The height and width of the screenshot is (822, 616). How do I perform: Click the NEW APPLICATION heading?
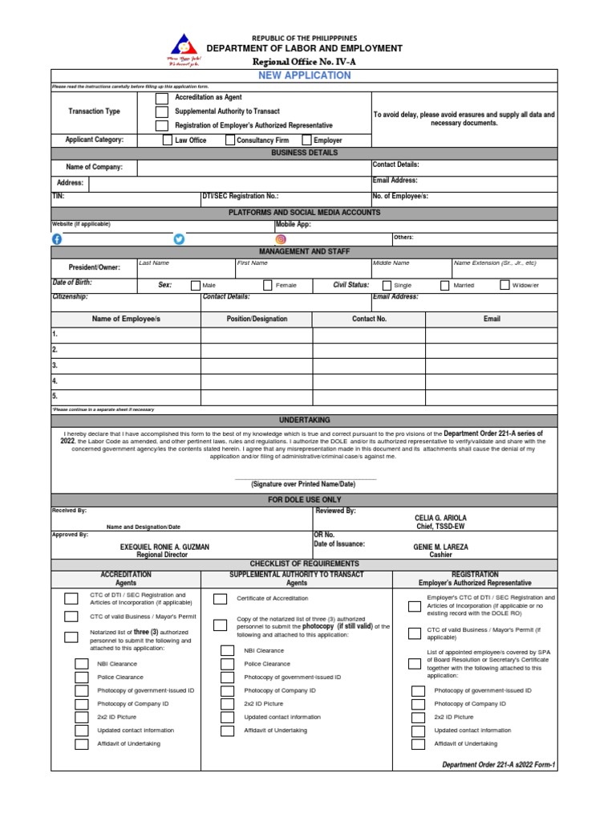tap(304, 75)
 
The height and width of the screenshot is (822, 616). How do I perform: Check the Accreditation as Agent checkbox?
tap(162, 98)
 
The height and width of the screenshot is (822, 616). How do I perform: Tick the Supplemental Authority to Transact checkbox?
tap(162, 112)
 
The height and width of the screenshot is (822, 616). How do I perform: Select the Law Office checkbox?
tap(167, 140)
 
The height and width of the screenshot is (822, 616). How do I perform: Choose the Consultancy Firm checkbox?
tap(228, 140)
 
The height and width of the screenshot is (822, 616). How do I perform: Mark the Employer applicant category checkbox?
tap(307, 140)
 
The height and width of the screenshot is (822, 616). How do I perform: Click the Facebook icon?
tap(57, 238)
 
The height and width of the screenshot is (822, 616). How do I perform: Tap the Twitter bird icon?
tap(179, 238)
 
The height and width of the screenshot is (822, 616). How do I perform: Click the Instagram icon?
tap(281, 238)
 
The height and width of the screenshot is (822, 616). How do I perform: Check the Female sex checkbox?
tap(267, 285)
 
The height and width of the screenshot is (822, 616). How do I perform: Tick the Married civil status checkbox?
tap(445, 285)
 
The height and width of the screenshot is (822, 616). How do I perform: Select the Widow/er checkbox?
tap(505, 284)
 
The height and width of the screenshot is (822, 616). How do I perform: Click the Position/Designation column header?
tap(257, 319)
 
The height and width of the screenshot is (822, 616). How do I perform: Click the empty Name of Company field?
tap(253, 167)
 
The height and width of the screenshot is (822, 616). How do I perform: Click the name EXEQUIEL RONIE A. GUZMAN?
tap(164, 547)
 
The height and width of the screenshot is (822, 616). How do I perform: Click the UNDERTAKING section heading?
tap(304, 420)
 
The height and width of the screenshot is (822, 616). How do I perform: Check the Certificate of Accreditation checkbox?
tap(219, 599)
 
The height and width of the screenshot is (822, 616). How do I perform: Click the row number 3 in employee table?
tap(55, 365)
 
